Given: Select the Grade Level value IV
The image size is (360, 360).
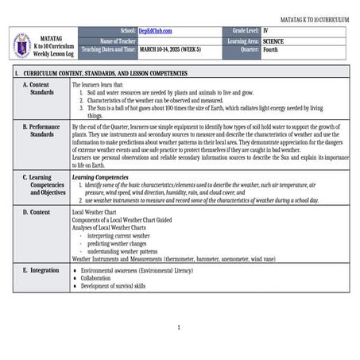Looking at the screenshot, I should (266, 30).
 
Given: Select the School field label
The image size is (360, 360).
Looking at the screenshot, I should (128, 30).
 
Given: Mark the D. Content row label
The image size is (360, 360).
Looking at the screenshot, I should (36, 212).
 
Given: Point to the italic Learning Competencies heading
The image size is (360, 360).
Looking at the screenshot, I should (100, 177).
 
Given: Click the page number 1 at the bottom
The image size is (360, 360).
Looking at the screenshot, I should (179, 327).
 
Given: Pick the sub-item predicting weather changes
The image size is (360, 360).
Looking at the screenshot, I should (118, 243).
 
